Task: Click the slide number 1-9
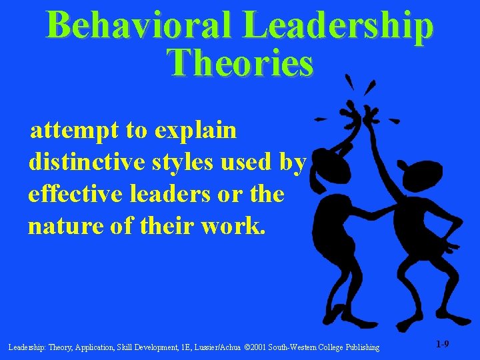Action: point(442,345)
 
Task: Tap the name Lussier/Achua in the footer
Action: point(214,347)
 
